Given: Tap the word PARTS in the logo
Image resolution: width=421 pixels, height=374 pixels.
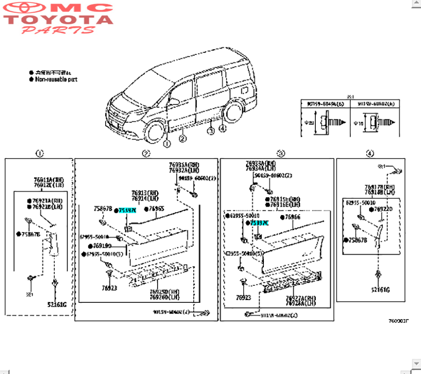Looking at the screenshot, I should pyautogui.click(x=58, y=30).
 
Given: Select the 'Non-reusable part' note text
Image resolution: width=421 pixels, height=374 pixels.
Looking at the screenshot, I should pyautogui.click(x=56, y=80).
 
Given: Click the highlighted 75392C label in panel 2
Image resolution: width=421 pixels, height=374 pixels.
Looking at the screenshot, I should pyautogui.click(x=127, y=210).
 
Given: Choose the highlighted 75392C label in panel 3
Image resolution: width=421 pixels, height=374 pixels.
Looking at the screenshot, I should pyautogui.click(x=260, y=223).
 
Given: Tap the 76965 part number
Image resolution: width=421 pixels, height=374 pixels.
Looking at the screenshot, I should pyautogui.click(x=156, y=209).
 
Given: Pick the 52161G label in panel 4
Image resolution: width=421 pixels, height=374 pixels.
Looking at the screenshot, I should pyautogui.click(x=380, y=289).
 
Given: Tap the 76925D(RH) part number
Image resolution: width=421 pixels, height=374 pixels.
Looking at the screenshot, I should pyautogui.click(x=163, y=291).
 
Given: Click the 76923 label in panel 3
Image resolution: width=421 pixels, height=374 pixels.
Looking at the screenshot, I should pyautogui.click(x=243, y=297).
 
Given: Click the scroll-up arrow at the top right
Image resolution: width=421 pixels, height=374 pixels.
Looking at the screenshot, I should pyautogui.click(x=416, y=4).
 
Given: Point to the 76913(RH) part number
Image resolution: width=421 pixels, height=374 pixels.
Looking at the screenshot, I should pyautogui.click(x=145, y=193).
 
